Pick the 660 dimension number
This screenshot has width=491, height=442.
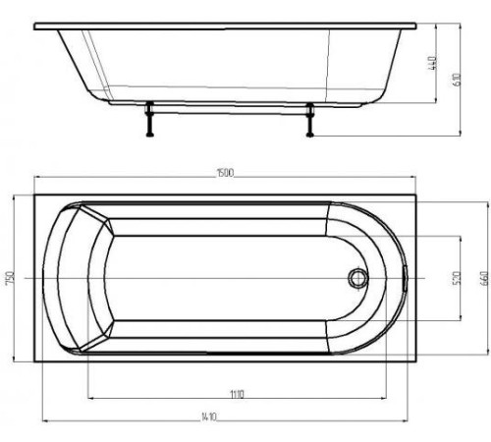click(x=482, y=278)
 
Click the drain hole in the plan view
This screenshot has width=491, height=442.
click(x=355, y=279)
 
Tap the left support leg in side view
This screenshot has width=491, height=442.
click(x=150, y=121)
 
